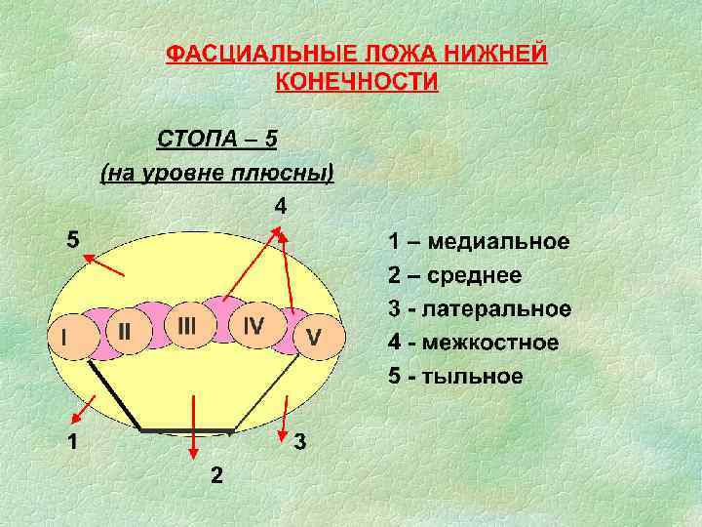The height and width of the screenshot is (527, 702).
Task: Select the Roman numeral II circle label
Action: click(x=125, y=333)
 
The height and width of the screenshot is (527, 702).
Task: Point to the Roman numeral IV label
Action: click(x=253, y=325)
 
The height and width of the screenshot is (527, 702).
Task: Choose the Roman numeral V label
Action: click(x=313, y=337)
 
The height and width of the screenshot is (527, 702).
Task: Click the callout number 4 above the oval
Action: click(x=280, y=207)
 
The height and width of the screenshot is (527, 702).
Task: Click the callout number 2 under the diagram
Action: click(x=215, y=475)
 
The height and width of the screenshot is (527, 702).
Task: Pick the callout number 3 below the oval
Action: click(x=301, y=442)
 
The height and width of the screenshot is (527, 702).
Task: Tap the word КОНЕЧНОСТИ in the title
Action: click(x=357, y=80)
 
